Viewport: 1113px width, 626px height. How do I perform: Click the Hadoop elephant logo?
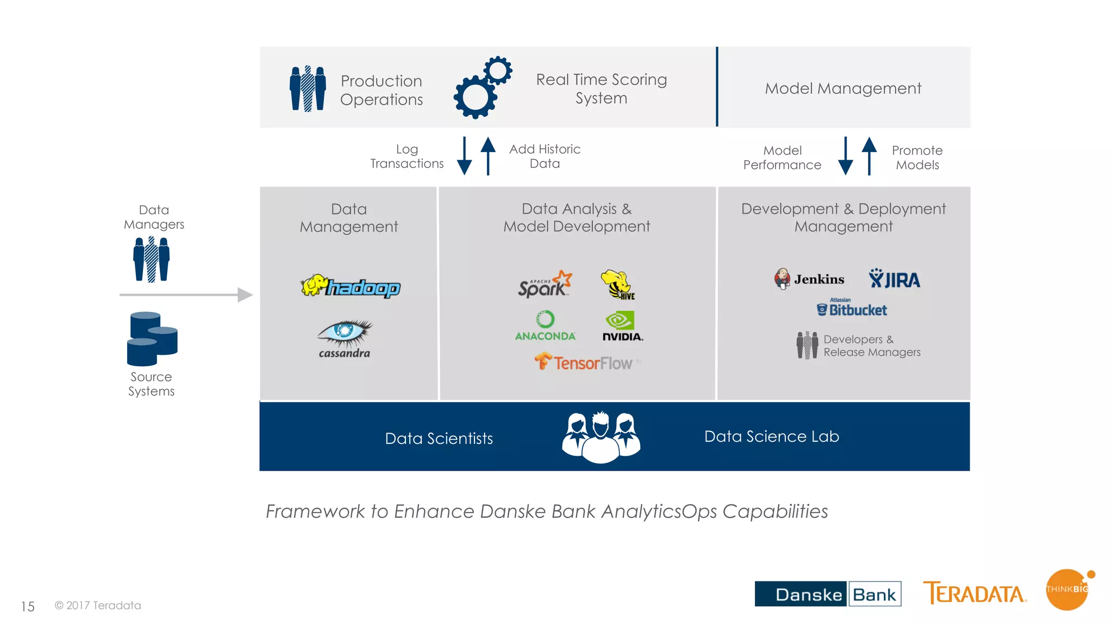tap(351, 286)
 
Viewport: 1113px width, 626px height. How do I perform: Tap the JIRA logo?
tap(894, 279)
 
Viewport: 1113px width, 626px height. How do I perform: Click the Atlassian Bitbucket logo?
tap(852, 308)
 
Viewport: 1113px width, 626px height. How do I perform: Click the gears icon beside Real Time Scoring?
tap(483, 87)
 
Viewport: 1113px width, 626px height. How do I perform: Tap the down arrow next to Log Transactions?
tap(464, 156)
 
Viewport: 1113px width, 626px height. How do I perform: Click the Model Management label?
tap(843, 88)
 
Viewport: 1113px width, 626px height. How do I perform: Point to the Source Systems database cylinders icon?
tap(152, 339)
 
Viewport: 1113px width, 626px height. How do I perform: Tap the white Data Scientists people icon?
tap(601, 437)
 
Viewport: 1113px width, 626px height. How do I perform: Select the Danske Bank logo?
tap(828, 594)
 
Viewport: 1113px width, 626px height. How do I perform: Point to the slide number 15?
tap(28, 606)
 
